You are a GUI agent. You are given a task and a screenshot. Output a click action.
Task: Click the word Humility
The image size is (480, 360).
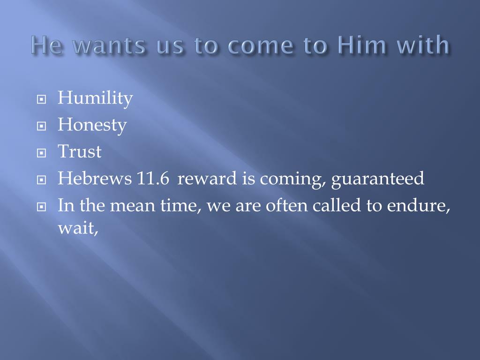pyautogui.click(x=95, y=98)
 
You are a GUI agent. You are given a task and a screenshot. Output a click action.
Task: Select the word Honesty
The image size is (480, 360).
pyautogui.click(x=92, y=125)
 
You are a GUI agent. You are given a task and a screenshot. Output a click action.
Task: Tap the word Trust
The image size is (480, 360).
pyautogui.click(x=80, y=151)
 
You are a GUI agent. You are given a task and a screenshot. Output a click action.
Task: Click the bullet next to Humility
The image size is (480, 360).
pyautogui.click(x=41, y=99)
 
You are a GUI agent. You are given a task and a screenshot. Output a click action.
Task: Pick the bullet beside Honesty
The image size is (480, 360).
pyautogui.click(x=41, y=126)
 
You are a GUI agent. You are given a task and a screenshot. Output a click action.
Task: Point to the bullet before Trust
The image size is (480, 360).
pyautogui.click(x=41, y=153)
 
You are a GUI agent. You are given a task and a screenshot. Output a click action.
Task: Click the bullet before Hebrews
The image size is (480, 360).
pyautogui.click(x=41, y=180)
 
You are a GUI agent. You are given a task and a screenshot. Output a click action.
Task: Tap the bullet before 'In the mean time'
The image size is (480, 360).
pyautogui.click(x=41, y=207)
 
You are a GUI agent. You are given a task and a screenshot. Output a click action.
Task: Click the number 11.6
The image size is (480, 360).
pyautogui.click(x=153, y=178)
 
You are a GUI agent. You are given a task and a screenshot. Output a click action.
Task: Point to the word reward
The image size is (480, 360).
pyautogui.click(x=207, y=179)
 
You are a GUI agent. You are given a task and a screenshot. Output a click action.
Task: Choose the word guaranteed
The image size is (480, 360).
pyautogui.click(x=378, y=179)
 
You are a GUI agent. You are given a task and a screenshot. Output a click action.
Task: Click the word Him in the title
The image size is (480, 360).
pyautogui.click(x=362, y=45)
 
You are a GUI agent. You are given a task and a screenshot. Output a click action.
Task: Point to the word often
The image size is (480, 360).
pyautogui.click(x=286, y=205)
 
